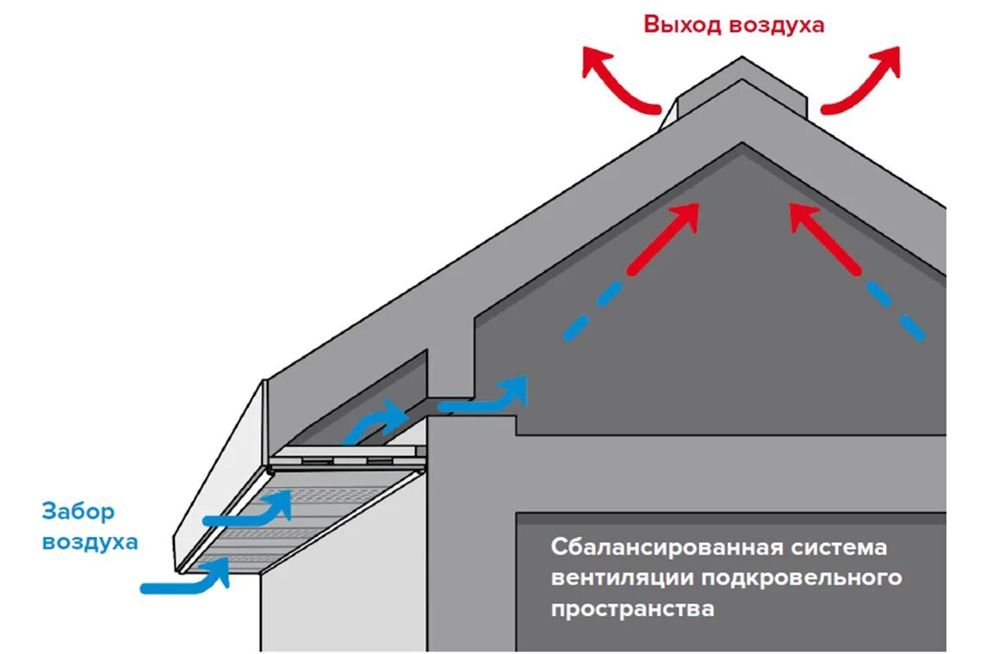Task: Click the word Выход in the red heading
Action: (683, 24)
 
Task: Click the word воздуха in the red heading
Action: (776, 25)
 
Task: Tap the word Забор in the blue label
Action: (77, 512)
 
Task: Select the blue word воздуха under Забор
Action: (89, 542)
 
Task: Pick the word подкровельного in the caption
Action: (801, 577)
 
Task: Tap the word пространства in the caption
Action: (632, 608)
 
